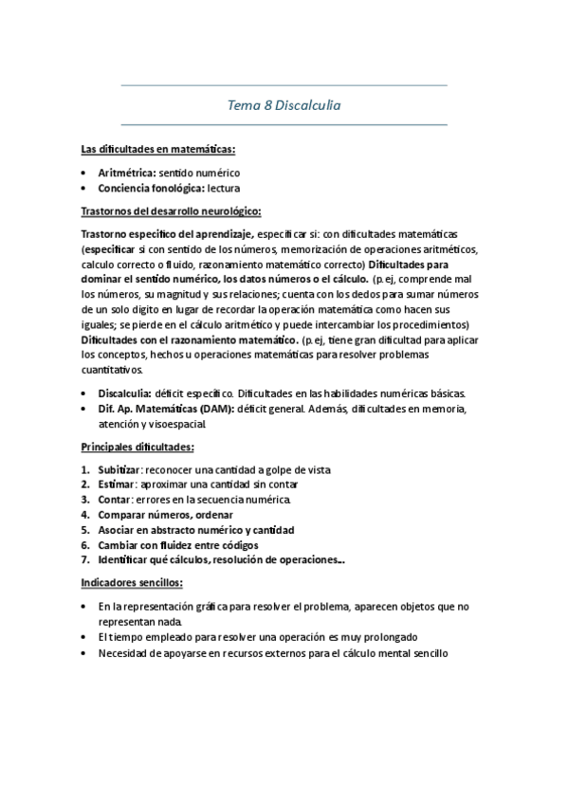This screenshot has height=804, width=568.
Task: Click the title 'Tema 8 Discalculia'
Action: tap(284, 105)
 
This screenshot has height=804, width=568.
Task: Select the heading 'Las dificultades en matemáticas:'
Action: tap(157, 150)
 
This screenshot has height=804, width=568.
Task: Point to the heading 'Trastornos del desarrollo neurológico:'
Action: tap(172, 210)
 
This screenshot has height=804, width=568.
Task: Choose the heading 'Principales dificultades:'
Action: tap(137, 446)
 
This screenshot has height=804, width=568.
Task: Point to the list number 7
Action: tap(85, 560)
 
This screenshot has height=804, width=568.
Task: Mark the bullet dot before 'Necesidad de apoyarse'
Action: tap(85, 652)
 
